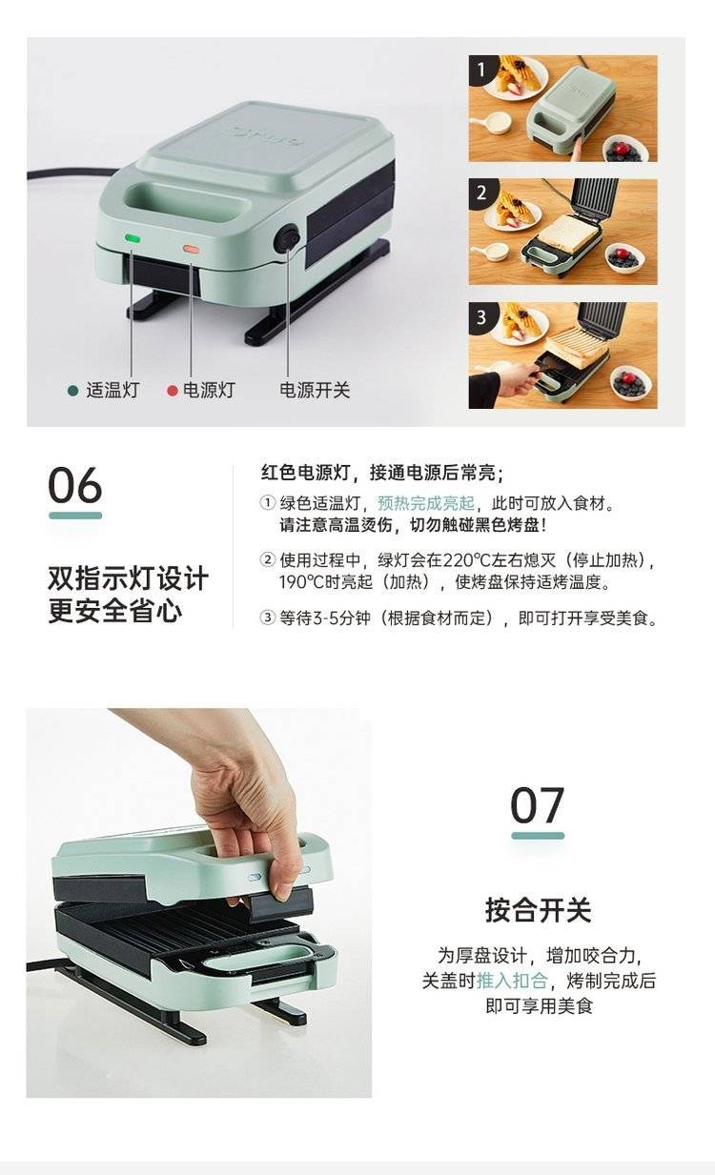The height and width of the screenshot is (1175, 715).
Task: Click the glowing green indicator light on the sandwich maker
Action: click(x=133, y=238)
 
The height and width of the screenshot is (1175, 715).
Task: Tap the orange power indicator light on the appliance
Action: click(x=191, y=250)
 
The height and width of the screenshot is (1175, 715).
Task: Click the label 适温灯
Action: click(x=112, y=391)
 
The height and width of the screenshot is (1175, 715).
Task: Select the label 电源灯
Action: click(x=209, y=391)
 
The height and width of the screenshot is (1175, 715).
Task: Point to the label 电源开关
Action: click(x=315, y=391)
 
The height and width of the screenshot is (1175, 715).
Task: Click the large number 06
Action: click(x=75, y=485)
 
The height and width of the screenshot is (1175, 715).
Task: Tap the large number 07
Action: click(x=537, y=805)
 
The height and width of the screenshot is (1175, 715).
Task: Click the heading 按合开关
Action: click(x=539, y=909)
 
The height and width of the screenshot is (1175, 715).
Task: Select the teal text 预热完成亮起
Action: click(x=426, y=503)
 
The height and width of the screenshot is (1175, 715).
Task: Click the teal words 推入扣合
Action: click(x=512, y=981)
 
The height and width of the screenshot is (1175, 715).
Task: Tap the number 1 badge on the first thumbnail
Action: click(x=481, y=70)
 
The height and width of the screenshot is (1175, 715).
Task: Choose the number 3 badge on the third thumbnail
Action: click(x=481, y=316)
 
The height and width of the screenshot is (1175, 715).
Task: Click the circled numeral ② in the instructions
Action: click(x=268, y=560)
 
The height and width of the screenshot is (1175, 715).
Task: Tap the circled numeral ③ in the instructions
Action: click(x=268, y=618)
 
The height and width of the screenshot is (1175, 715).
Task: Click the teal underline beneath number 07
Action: click(x=538, y=836)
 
